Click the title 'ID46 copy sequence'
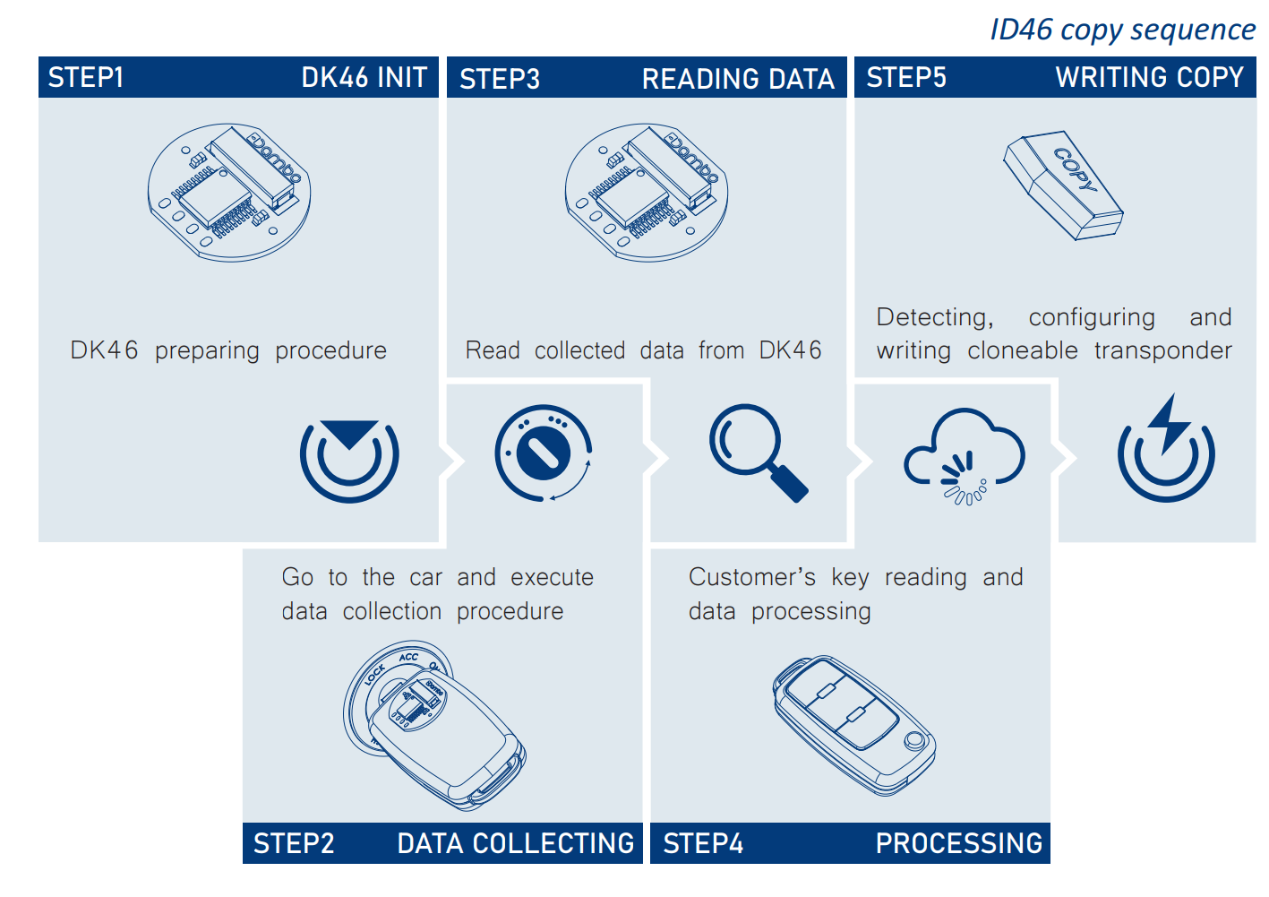[1122, 30]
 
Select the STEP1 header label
[86, 78]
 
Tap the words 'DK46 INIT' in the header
[364, 78]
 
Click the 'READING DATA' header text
[738, 80]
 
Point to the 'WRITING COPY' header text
[1149, 78]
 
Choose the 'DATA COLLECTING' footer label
[515, 844]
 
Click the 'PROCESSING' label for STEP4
[958, 844]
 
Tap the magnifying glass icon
[758, 452]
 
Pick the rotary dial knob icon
[544, 453]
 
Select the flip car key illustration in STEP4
[853, 724]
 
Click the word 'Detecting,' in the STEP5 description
[934, 317]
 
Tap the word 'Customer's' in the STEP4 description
[751, 577]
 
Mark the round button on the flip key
[914, 741]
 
